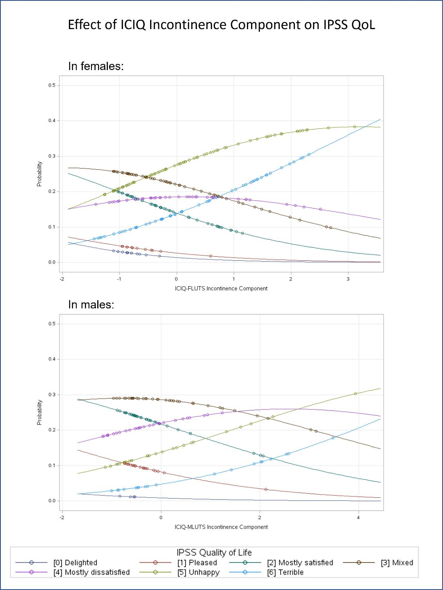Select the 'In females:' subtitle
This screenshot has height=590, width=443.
click(x=96, y=66)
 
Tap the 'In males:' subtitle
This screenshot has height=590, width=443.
click(x=91, y=305)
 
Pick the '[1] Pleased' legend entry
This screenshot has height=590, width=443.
click(x=197, y=563)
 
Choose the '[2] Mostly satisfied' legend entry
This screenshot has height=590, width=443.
click(x=300, y=563)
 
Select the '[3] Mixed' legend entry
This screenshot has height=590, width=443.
click(x=397, y=563)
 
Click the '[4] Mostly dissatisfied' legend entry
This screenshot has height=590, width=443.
click(x=91, y=572)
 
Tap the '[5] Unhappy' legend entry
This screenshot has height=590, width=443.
click(x=199, y=572)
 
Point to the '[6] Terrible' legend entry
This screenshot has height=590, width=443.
click(x=285, y=572)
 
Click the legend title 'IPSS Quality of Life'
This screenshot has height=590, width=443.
click(x=214, y=553)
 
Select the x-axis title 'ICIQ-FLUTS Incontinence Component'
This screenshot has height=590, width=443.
click(x=221, y=289)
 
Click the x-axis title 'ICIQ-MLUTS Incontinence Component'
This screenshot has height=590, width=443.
click(x=221, y=527)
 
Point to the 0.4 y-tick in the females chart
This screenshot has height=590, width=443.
click(x=52, y=121)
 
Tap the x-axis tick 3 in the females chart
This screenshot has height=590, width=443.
click(x=348, y=279)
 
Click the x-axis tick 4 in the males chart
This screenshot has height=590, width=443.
click(x=359, y=518)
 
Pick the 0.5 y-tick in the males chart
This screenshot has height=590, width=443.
click(x=52, y=324)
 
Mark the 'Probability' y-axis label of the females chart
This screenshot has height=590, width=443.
click(x=39, y=174)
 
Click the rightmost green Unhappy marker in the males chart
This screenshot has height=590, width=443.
click(x=356, y=394)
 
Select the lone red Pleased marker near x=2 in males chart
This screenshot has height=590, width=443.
click(x=266, y=489)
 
